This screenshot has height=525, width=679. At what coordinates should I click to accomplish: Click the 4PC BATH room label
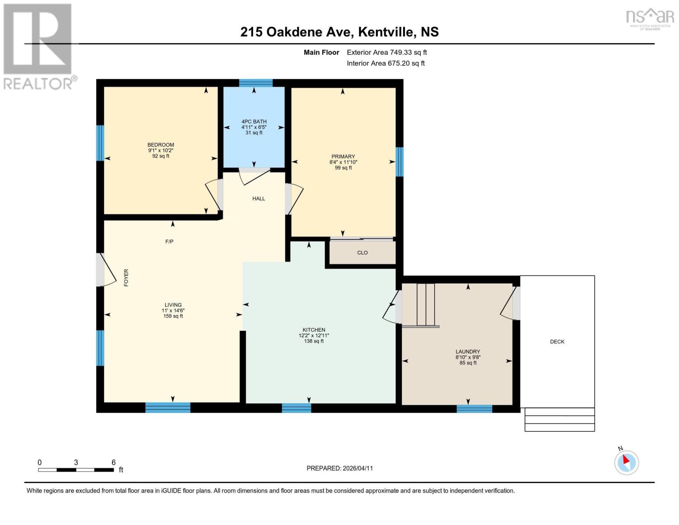254,122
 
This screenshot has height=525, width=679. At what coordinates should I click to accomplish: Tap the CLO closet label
362,253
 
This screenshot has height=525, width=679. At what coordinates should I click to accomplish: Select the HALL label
258,199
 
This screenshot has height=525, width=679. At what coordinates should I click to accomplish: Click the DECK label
557,342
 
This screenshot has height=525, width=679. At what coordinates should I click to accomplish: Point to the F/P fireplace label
169,241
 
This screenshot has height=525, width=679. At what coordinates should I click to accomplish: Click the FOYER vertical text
126,278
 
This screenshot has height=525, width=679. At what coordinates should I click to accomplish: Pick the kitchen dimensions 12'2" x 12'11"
313,336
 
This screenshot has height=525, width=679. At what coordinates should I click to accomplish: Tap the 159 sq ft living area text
173,316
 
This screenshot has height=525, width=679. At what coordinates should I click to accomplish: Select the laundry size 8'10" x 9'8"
468,357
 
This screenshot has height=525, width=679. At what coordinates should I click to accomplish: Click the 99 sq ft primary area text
343,168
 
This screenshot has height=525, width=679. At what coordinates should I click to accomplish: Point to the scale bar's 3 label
76,462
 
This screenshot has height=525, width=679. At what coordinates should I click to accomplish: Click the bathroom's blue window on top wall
256,83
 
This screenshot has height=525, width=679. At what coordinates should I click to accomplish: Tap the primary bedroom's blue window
399,161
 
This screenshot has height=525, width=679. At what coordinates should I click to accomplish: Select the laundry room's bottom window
474,409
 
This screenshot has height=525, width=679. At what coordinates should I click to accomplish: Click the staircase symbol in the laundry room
425,305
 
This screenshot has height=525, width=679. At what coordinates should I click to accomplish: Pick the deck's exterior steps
560,420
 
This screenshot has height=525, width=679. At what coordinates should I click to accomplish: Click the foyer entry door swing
105,269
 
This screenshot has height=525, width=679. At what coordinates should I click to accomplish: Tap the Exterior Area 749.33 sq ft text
387,52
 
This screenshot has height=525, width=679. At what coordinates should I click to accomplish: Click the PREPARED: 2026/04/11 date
340,468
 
